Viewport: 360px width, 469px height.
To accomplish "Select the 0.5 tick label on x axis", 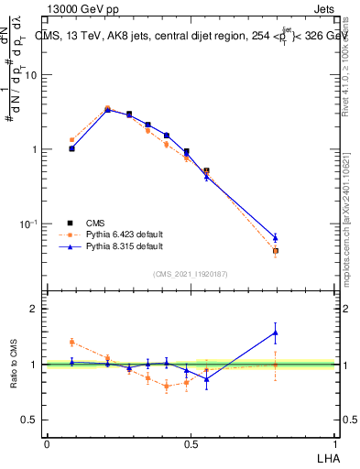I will click(191, 443).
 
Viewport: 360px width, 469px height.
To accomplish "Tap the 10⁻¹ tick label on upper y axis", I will click(30, 224).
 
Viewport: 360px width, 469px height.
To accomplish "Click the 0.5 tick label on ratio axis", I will click(32, 420).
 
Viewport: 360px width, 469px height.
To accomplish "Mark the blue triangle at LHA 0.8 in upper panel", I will click(275, 237).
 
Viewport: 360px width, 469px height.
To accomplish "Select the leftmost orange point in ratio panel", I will click(72, 342).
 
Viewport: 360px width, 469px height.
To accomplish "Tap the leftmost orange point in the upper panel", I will click(72, 140).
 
